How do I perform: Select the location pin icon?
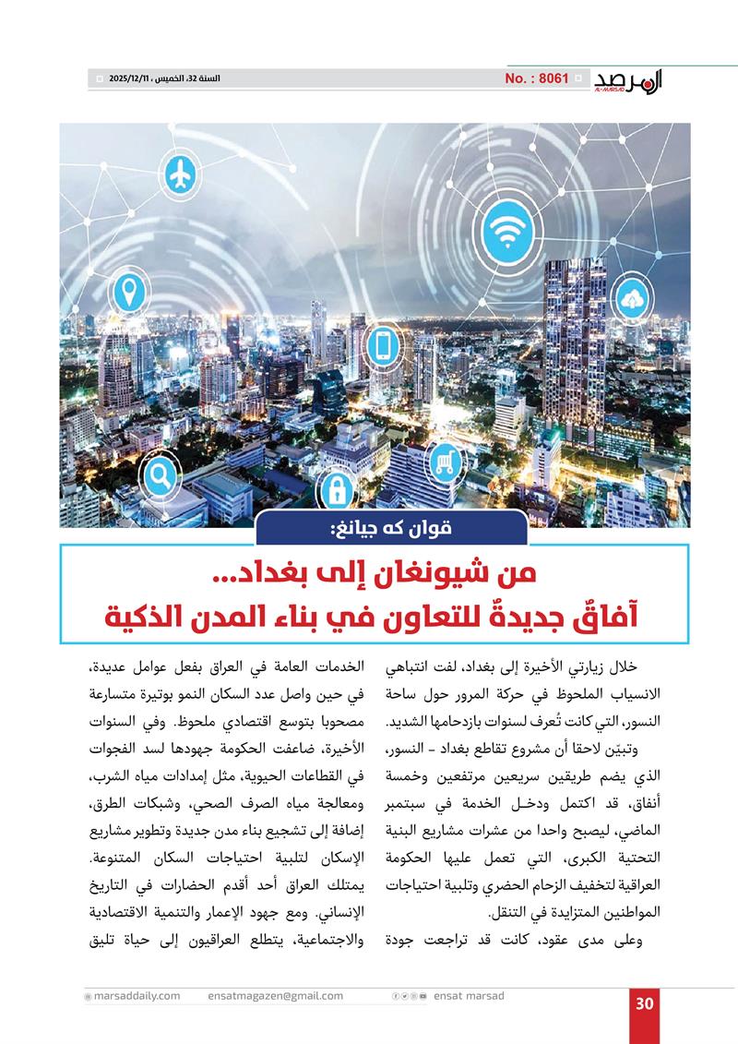[128, 293]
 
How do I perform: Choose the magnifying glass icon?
[159, 477]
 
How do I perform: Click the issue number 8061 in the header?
[537, 79]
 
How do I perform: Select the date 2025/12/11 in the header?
[132, 80]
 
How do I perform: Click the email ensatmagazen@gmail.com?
[276, 996]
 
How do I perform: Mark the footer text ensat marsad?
[469, 996]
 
